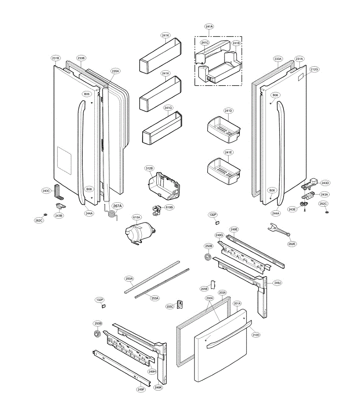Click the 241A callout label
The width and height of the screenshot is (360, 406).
click(x=209, y=26)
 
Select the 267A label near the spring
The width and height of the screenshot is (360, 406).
click(x=118, y=205)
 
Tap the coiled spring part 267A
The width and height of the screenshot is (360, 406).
click(x=110, y=213)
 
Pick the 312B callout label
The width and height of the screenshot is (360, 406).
click(x=149, y=168)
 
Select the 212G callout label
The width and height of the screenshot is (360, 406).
click(x=314, y=69)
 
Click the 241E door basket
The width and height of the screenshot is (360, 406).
click(x=224, y=170)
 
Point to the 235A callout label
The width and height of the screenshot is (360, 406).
click(x=116, y=71)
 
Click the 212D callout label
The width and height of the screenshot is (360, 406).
click(x=256, y=335)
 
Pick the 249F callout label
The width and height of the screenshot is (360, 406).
click(x=141, y=389)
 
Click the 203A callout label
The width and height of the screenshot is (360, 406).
click(x=222, y=292)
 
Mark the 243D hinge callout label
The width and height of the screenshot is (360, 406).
click(x=325, y=183)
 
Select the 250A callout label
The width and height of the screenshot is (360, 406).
click(x=129, y=279)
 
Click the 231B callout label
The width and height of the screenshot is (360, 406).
click(x=56, y=58)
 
